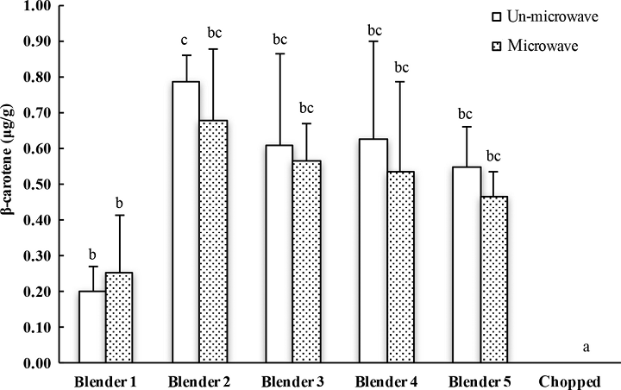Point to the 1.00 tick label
tap(40, 6)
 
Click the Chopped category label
tap(570, 381)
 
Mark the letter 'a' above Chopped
tap(586, 348)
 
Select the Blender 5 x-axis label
tap(478, 381)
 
